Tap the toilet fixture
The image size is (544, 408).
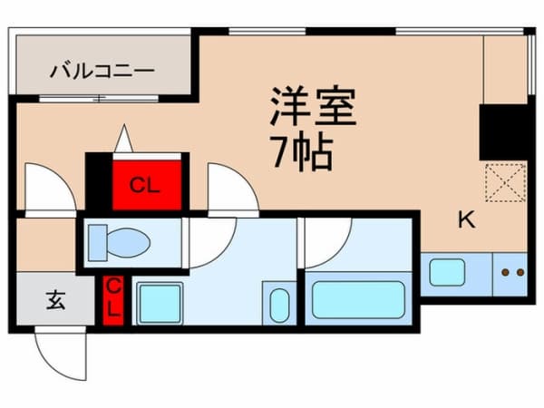122,241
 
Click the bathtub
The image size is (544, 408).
358,299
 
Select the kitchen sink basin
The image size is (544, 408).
446,272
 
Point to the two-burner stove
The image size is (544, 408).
512,271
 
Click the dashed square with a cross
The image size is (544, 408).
506,181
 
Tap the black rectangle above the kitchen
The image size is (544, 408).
505,132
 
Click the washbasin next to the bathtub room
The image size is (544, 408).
278,304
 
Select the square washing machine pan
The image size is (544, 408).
159,303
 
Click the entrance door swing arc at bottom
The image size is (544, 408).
62,354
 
